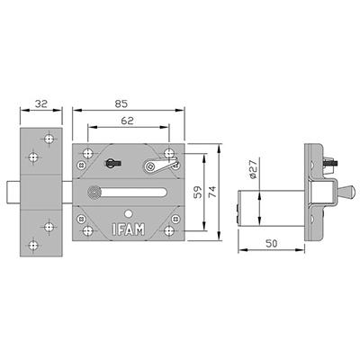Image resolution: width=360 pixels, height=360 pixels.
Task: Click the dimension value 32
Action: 41,103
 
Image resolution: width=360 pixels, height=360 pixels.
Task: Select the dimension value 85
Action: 121,103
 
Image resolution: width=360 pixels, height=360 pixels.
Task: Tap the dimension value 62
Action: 127,121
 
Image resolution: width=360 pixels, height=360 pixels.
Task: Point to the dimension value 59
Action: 198,193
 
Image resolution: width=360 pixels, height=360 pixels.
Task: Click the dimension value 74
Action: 212,192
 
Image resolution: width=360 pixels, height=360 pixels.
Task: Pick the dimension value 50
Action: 272,243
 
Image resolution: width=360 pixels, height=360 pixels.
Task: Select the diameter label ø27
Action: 253,169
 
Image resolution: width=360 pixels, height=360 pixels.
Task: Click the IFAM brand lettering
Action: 129,229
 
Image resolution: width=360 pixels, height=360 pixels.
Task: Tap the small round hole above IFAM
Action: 129,214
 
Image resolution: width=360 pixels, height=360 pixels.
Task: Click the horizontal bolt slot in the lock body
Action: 132,193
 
